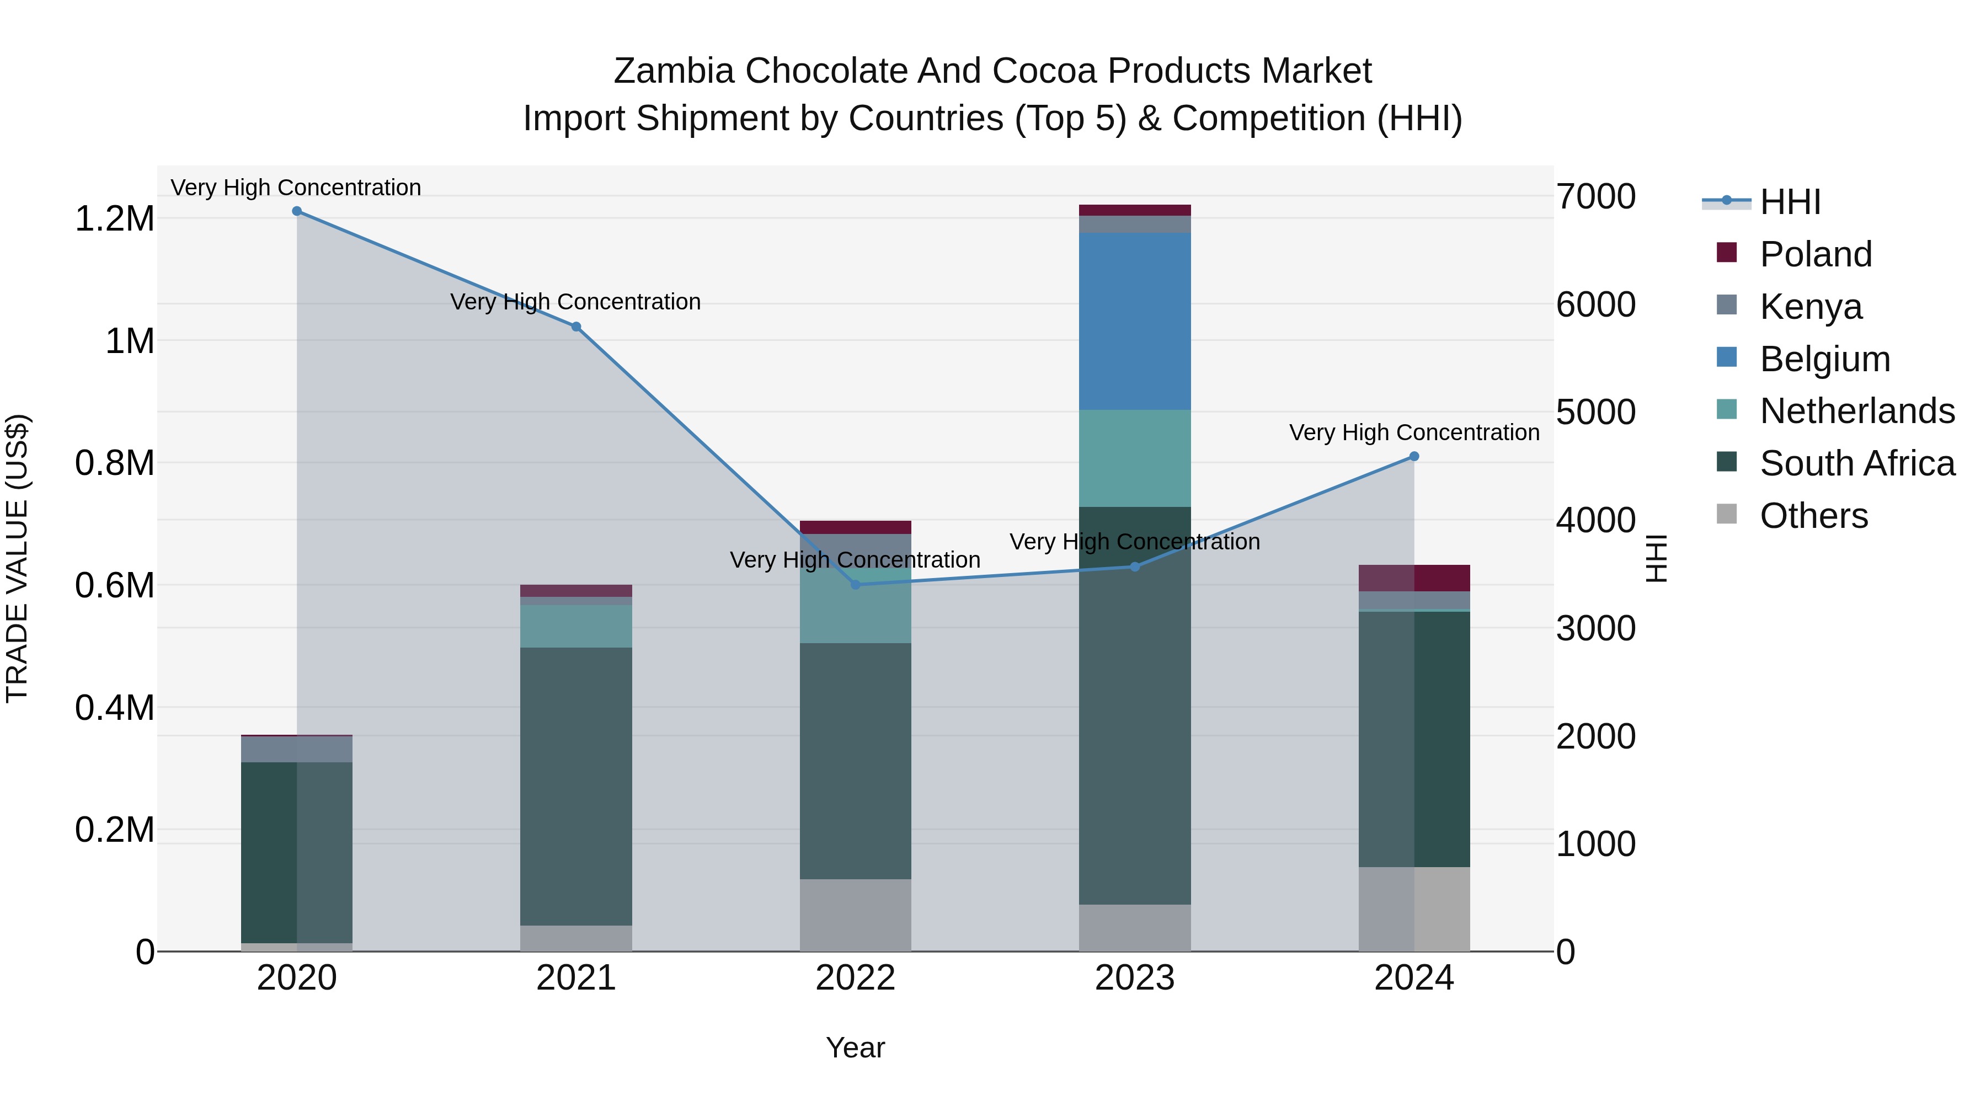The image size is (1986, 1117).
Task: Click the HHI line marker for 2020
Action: click(297, 211)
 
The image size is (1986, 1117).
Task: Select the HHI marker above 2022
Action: click(855, 584)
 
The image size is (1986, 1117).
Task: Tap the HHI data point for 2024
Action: click(1414, 456)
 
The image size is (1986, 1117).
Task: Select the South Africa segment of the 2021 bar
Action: click(576, 786)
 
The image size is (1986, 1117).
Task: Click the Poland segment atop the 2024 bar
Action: click(1414, 578)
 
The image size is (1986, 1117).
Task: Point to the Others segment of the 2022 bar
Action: click(855, 915)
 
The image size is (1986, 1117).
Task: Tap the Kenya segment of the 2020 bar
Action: click(297, 749)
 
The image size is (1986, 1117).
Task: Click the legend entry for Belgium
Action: click(1825, 359)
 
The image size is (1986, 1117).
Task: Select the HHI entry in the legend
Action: click(1790, 202)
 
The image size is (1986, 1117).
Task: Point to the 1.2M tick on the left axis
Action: click(114, 219)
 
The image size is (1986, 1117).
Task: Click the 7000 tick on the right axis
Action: click(1595, 196)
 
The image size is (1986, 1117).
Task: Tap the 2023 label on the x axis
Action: click(1134, 978)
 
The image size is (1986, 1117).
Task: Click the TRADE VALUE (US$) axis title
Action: click(17, 558)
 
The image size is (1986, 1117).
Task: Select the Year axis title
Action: click(855, 1047)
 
